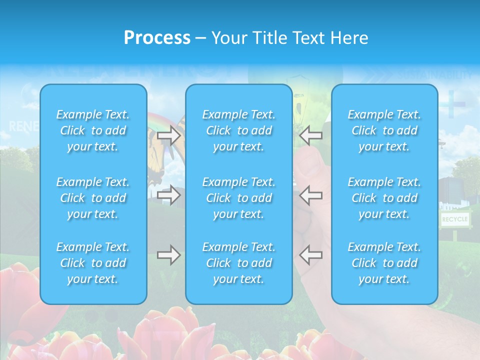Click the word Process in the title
point(157,38)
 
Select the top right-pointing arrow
point(168,135)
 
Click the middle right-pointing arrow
point(168,195)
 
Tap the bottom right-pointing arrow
point(168,255)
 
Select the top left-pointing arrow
point(310,135)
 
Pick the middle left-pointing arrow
point(310,195)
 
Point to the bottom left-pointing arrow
point(310,255)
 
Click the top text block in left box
point(93,130)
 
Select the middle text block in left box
point(93,198)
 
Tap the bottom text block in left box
point(93,263)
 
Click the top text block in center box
point(238,130)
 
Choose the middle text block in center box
point(238,198)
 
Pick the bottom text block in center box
point(238,263)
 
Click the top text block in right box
point(384,130)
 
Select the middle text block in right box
point(384,198)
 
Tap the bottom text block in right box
point(384,263)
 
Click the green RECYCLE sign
point(454,219)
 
